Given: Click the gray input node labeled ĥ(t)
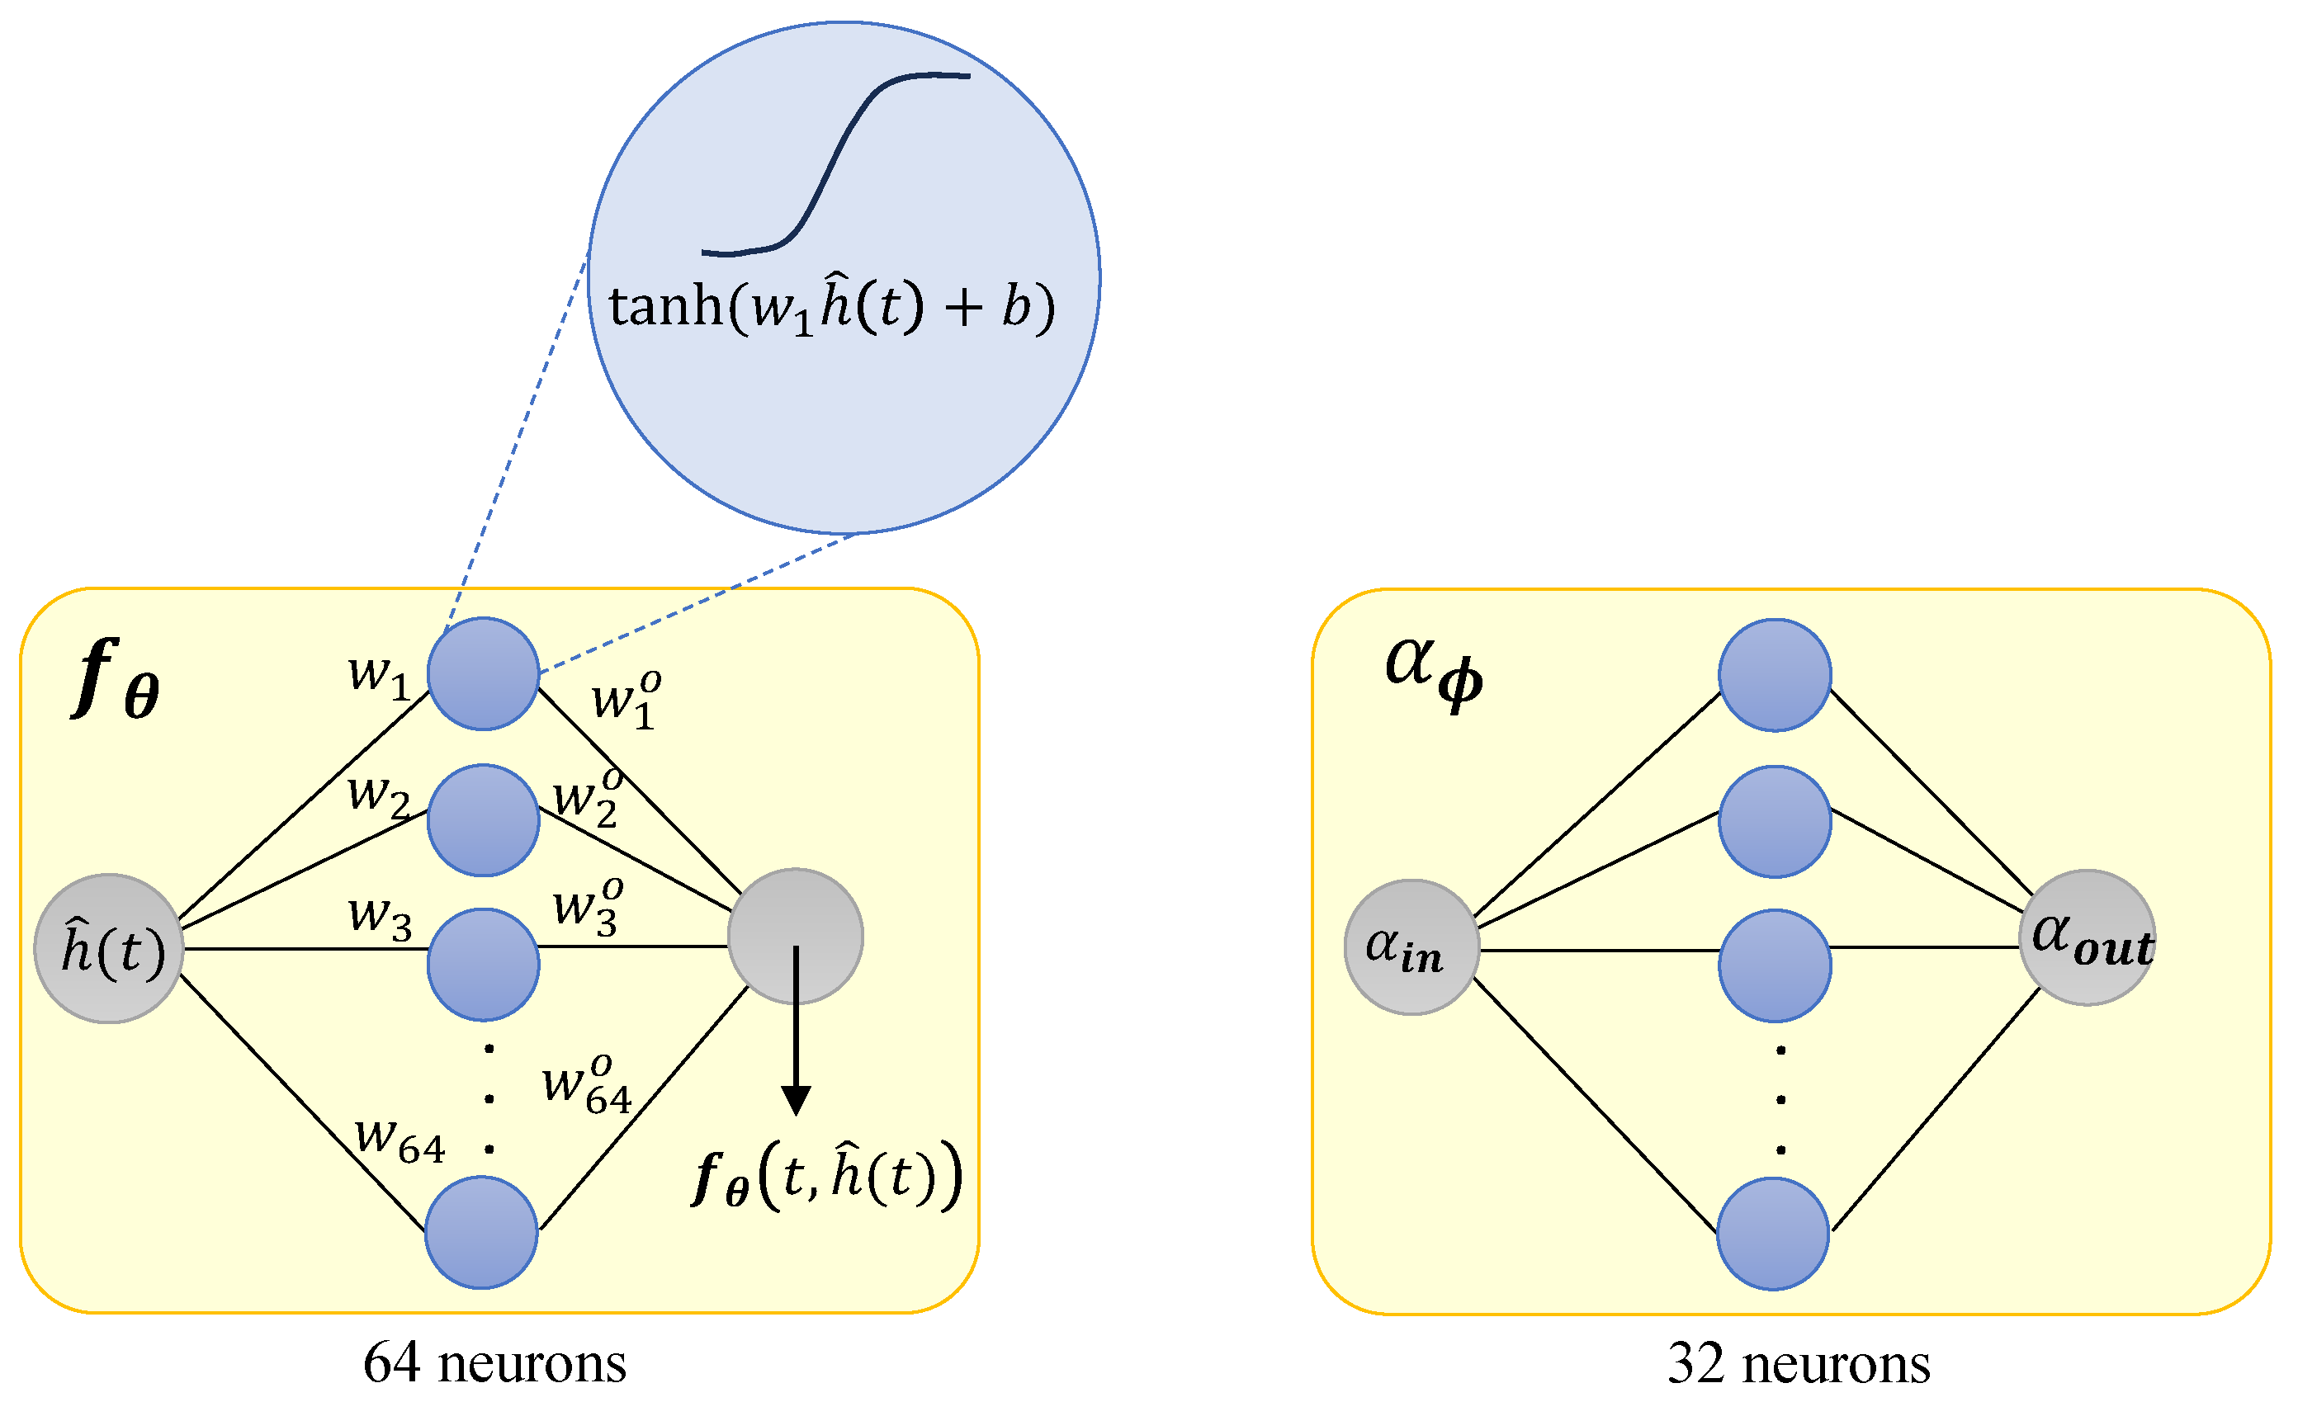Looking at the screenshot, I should click(x=109, y=949).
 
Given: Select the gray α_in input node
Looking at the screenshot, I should click(x=1412, y=947).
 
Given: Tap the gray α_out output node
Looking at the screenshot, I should click(x=2088, y=937).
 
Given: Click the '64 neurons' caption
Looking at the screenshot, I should click(x=494, y=1364).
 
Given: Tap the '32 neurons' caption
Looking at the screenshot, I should click(x=1798, y=1364).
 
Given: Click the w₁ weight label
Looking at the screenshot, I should click(x=379, y=675).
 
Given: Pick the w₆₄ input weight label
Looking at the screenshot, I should click(x=400, y=1139).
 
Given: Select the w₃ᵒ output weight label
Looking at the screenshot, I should click(x=588, y=906).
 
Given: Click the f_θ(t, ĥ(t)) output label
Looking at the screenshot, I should click(x=826, y=1177).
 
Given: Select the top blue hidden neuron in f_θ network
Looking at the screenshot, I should click(x=483, y=673).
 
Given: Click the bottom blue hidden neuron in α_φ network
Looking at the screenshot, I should click(x=1773, y=1234).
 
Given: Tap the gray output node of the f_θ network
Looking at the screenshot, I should click(x=795, y=936).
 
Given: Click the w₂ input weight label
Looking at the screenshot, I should click(x=379, y=796).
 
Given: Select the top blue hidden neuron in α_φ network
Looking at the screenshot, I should click(x=1775, y=675).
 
